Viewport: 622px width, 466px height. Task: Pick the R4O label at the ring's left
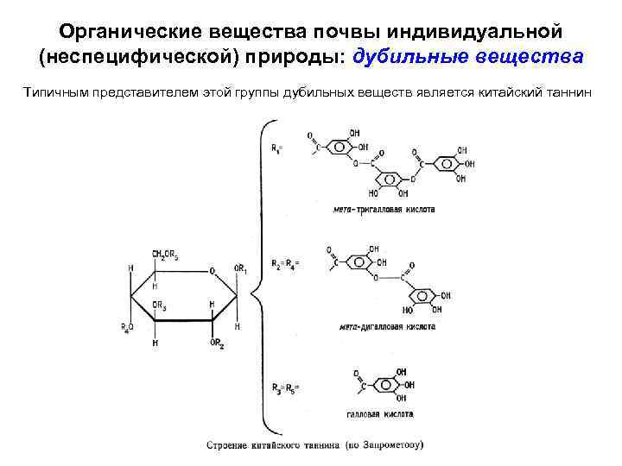coord(126,326)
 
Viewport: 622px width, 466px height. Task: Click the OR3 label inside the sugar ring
coord(160,305)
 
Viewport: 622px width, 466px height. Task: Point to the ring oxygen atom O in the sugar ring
coord(212,271)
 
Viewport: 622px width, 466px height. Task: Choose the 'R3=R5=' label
coord(284,387)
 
